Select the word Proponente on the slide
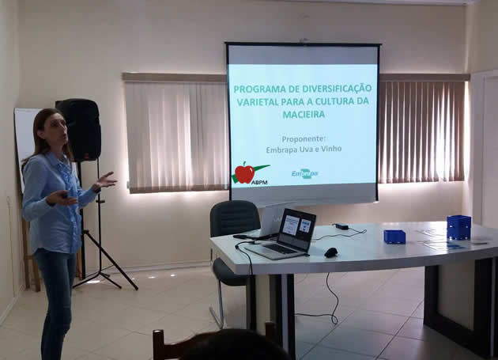pyautogui.click(x=304, y=139)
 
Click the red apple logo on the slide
pyautogui.click(x=244, y=173)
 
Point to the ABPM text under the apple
pyautogui.click(x=259, y=182)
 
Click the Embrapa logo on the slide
pyautogui.click(x=304, y=173)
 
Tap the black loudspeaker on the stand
pyautogui.click(x=79, y=130)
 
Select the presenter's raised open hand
pyautogui.click(x=106, y=181)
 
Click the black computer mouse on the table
pyautogui.click(x=331, y=252)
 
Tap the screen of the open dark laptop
pyautogui.click(x=296, y=226)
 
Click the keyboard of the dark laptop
pyautogui.click(x=279, y=249)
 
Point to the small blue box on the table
pyautogui.click(x=394, y=237)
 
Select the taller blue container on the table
pyautogui.click(x=458, y=227)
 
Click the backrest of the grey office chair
pyautogui.click(x=236, y=218)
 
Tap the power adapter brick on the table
pyautogui.click(x=341, y=226)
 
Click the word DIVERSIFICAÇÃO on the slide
pyautogui.click(x=338, y=88)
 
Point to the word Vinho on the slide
pyautogui.click(x=331, y=149)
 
